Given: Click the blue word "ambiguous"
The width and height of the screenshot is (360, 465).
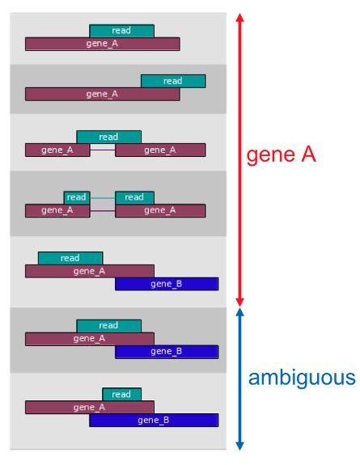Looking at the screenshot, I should pyautogui.click(x=302, y=378).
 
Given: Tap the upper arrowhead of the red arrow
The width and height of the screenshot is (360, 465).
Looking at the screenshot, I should pyautogui.click(x=239, y=18).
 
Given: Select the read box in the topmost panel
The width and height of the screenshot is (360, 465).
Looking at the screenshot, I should pyautogui.click(x=121, y=31).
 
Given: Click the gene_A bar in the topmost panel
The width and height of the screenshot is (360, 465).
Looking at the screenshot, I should pyautogui.click(x=102, y=44).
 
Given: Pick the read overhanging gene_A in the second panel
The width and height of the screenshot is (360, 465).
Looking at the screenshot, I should pyautogui.click(x=173, y=81).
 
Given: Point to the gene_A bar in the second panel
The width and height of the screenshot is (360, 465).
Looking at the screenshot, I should pyautogui.click(x=102, y=94).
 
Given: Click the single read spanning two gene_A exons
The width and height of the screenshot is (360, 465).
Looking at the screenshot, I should pyautogui.click(x=108, y=137).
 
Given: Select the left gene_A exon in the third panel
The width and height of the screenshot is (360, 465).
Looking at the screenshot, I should pyautogui.click(x=57, y=150).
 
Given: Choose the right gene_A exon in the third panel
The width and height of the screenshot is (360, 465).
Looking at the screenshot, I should pyautogui.click(x=160, y=150).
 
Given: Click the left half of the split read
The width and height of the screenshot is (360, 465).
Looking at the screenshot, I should pyautogui.click(x=76, y=197).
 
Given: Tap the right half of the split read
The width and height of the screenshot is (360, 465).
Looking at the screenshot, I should pyautogui.click(x=134, y=197).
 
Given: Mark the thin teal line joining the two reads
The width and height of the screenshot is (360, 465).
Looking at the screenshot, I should pyautogui.click(x=102, y=197).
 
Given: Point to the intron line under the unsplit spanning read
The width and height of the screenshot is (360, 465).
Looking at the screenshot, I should pyautogui.click(x=102, y=150).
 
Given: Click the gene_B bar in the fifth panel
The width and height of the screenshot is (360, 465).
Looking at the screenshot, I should pyautogui.click(x=167, y=284).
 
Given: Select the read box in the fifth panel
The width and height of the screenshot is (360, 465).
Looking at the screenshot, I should pyautogui.click(x=70, y=258).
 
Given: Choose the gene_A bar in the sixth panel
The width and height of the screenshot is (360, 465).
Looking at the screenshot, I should pyautogui.click(x=89, y=338).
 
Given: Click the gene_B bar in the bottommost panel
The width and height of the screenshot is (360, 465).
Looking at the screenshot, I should pyautogui.click(x=154, y=421).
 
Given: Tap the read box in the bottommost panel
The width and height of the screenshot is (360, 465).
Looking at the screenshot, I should pyautogui.click(x=121, y=394).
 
